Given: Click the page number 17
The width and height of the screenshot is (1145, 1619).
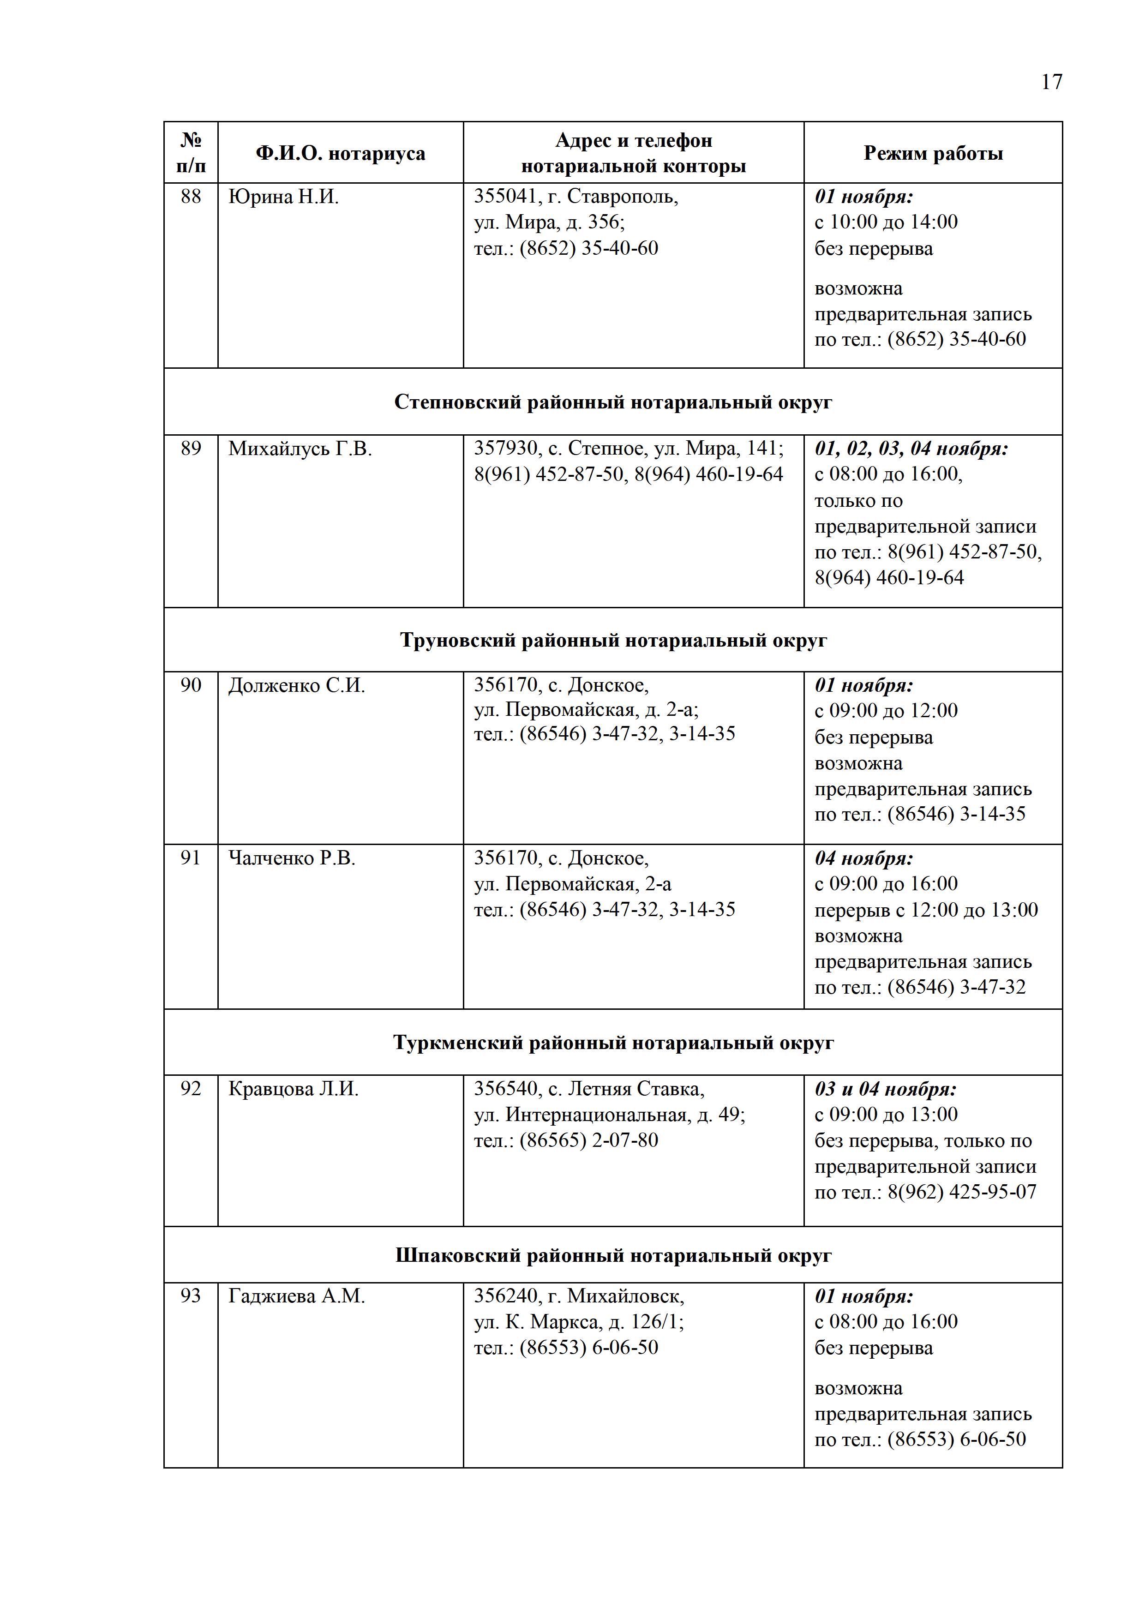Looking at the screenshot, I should coord(1050,83).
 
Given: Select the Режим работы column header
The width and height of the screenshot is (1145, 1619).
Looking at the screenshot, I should coord(933,154).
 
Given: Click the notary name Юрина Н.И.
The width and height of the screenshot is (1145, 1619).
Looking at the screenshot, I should coord(283,197).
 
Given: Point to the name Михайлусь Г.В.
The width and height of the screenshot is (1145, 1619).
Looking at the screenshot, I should coord(300,449).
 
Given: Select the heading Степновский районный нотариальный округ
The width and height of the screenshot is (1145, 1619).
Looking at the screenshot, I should coord(613,402).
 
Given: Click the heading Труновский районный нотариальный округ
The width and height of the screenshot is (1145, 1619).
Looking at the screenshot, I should coord(613,640).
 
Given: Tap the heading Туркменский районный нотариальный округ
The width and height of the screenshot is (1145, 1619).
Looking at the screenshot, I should coord(613,1043).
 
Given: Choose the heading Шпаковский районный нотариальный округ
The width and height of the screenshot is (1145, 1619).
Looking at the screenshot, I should coord(613,1256).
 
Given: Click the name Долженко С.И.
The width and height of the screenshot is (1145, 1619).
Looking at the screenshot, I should coord(297,685).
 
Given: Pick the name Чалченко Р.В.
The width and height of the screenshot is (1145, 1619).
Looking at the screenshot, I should coord(292,858).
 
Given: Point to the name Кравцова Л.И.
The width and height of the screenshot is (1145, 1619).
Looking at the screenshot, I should coord(294,1090).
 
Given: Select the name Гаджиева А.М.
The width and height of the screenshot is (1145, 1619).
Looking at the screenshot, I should coord(297,1296).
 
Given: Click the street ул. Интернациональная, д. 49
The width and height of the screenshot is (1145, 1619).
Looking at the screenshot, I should coord(609,1115).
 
